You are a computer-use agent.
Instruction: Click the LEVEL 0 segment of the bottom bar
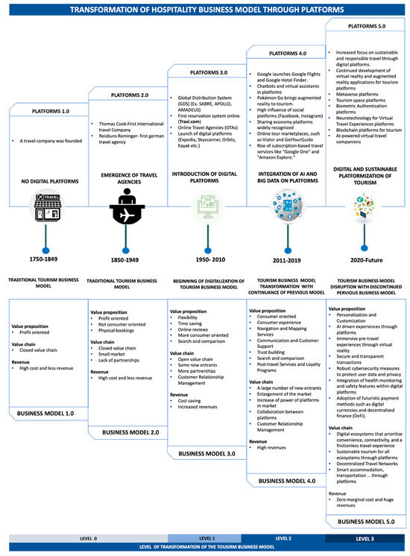click(88, 537)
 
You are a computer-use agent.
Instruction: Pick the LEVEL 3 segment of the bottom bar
click(365, 537)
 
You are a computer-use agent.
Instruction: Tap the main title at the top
click(205, 9)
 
